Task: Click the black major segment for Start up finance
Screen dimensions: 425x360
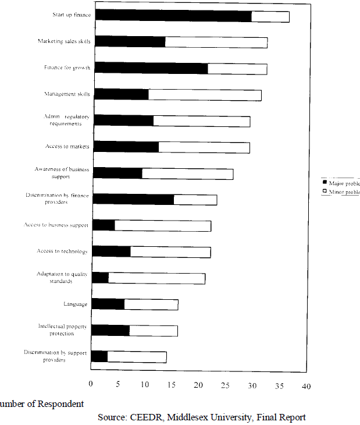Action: (x=173, y=16)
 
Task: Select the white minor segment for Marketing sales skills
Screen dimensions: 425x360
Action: (x=216, y=42)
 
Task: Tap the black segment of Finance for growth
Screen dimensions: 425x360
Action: (x=151, y=68)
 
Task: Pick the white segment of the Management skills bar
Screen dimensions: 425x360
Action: (x=205, y=95)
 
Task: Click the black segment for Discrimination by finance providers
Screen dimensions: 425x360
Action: (x=133, y=200)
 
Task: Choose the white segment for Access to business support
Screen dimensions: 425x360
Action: (x=162, y=226)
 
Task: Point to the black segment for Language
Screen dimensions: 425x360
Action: (x=108, y=304)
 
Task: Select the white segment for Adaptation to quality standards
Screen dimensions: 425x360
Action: (x=156, y=278)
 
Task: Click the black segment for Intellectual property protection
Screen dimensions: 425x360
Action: (x=110, y=331)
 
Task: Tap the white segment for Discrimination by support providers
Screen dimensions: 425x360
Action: (x=137, y=357)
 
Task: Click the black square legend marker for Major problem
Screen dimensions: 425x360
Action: (x=325, y=182)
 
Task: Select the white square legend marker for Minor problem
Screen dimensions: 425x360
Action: (x=325, y=192)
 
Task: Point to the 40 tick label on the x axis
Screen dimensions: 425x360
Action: (x=306, y=385)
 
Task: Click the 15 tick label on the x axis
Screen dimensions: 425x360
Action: (x=172, y=385)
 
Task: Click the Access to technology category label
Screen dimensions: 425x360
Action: (x=62, y=252)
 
